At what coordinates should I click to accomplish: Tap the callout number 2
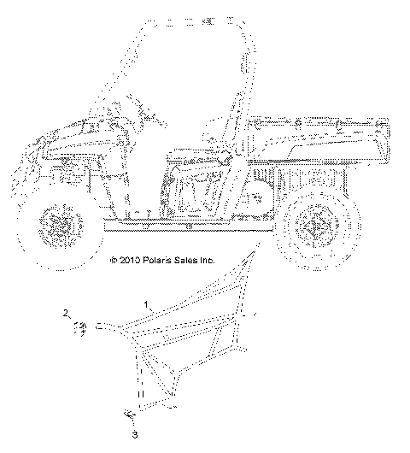pos(63,316)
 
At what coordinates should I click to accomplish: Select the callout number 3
pos(134,436)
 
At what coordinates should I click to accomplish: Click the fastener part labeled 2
pos(81,327)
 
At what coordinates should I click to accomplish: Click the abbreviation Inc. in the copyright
pos(207,260)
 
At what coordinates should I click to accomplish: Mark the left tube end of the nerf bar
pos(99,327)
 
